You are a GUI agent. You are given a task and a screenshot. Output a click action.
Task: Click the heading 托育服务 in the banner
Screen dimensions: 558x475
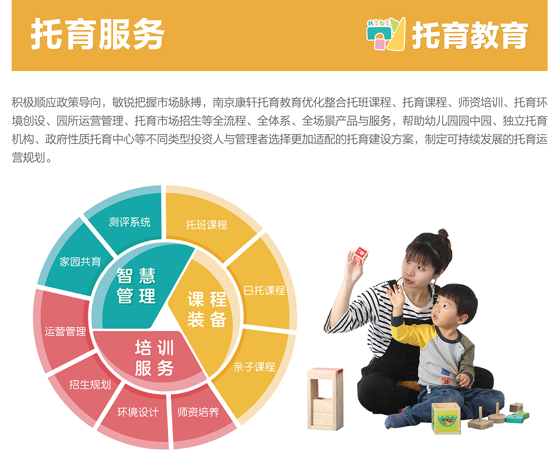click(98, 34)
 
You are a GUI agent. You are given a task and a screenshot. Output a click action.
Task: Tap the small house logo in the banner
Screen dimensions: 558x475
click(386, 34)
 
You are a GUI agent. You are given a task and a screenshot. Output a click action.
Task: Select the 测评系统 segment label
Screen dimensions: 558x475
click(129, 222)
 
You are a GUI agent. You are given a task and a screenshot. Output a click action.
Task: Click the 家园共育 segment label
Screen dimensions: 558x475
click(80, 262)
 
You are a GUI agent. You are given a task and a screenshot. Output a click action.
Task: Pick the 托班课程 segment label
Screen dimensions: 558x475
click(207, 225)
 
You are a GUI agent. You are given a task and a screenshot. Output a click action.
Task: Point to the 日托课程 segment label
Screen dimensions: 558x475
click(264, 290)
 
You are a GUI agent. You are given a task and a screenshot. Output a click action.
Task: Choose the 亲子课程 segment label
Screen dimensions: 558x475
click(254, 367)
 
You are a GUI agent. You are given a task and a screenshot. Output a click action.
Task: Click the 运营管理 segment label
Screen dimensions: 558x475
click(65, 332)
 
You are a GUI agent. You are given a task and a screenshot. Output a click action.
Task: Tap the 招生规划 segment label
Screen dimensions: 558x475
click(90, 385)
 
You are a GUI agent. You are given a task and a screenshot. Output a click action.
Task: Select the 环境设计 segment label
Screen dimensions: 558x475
click(138, 412)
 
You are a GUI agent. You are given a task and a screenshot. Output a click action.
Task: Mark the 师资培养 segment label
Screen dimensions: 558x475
click(198, 412)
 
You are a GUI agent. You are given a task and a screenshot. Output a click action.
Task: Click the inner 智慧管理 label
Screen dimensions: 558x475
click(136, 286)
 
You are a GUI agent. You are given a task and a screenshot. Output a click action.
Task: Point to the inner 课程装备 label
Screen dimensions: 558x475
click(207, 309)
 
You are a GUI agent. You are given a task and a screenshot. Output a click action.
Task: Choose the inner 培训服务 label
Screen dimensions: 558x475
click(154, 358)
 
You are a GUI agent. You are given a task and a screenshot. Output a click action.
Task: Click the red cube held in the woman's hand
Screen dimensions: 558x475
click(360, 254)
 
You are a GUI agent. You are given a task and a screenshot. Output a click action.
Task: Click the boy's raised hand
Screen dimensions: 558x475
click(395, 296)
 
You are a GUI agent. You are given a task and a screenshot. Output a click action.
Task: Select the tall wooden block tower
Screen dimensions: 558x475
click(325, 399)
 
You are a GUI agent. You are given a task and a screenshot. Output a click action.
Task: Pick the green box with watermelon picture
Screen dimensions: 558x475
click(446, 418)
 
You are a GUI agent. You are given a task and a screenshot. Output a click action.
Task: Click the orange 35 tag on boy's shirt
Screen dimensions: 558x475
click(446, 382)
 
